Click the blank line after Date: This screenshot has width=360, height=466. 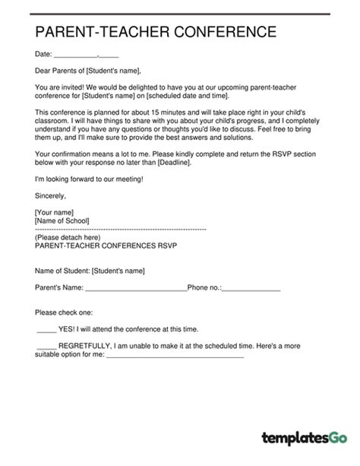76,55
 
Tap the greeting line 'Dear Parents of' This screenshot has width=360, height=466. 63,71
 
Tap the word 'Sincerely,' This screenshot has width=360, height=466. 51,195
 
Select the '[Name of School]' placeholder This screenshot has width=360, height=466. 62,220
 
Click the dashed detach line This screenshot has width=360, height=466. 121,228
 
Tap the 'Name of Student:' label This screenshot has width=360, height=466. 62,270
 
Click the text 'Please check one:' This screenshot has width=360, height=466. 64,312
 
